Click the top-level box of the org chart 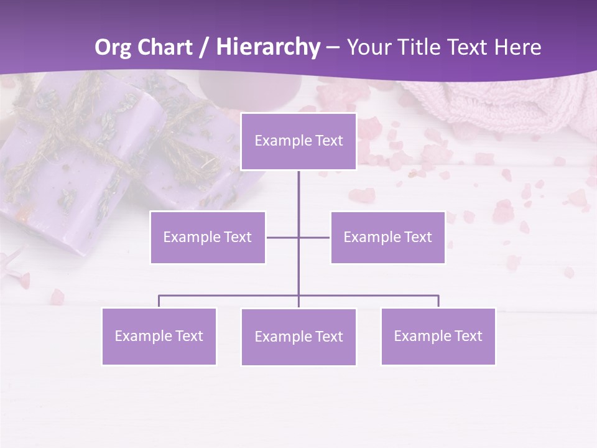click(298, 141)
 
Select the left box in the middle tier click(208, 237)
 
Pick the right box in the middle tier click(387, 237)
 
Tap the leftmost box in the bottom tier click(159, 336)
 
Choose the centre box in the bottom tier click(298, 337)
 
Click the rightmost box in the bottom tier click(438, 336)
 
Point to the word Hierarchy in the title click(267, 47)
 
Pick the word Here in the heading click(517, 47)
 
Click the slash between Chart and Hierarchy click(203, 47)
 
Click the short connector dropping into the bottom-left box click(159, 301)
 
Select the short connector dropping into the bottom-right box click(438, 301)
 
